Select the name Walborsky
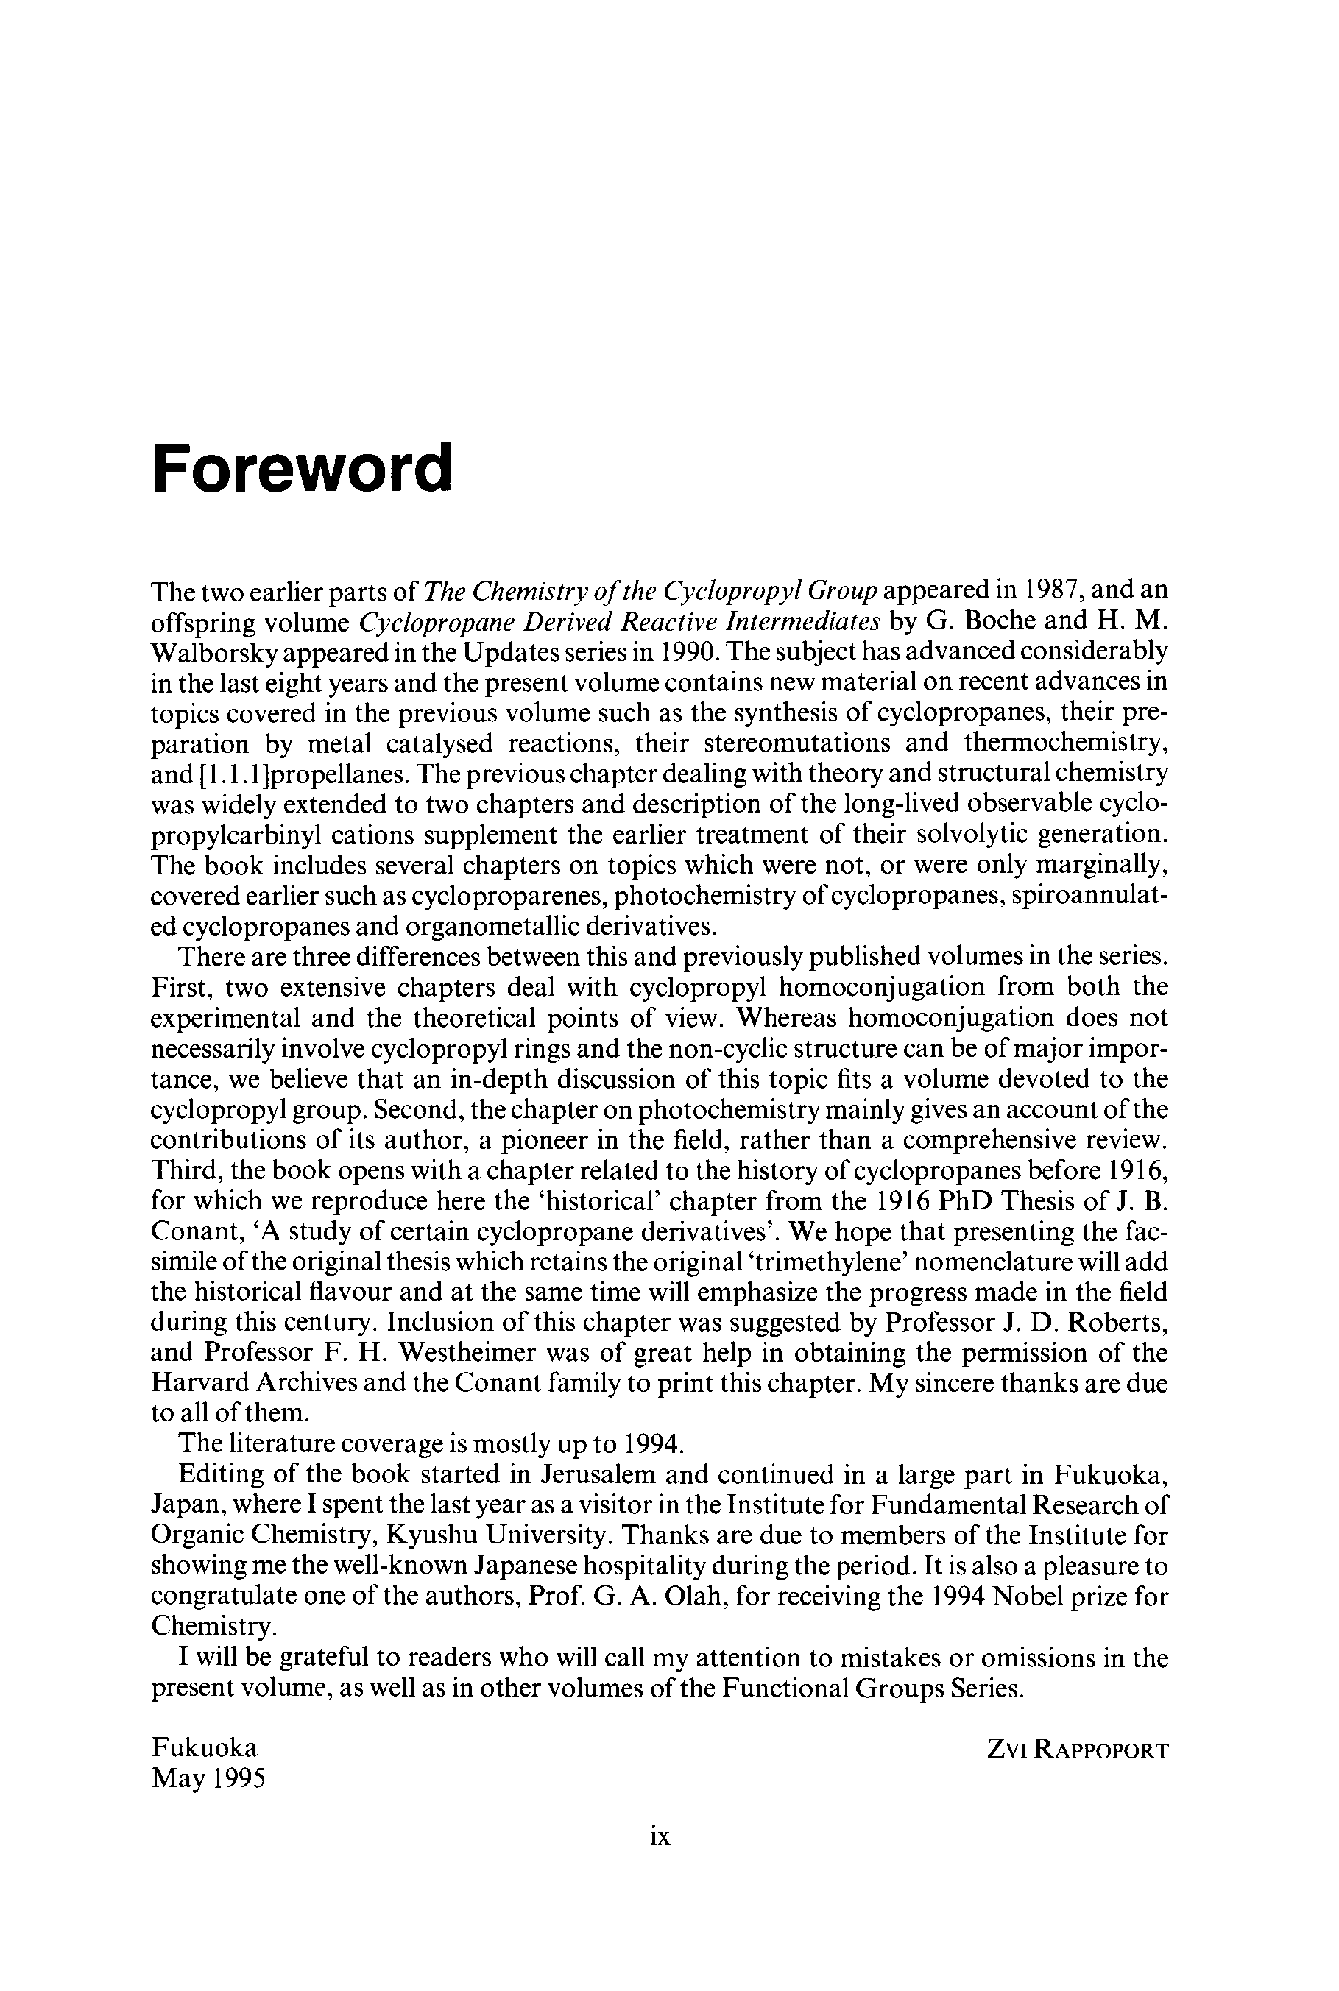[212, 652]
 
